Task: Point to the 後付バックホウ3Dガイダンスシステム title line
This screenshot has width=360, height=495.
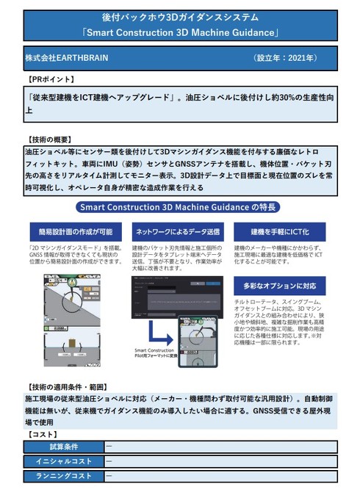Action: (x=180, y=16)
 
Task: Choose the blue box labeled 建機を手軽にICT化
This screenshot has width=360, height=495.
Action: (x=278, y=231)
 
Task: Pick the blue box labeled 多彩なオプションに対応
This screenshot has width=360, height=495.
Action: (x=278, y=285)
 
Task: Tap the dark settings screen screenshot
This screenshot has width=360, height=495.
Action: (x=176, y=297)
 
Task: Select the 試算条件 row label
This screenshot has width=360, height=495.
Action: (x=64, y=447)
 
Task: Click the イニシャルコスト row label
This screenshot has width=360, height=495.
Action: (x=64, y=461)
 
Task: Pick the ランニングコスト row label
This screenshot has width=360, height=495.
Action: (x=64, y=476)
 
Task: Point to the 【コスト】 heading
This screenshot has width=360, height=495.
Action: (x=45, y=435)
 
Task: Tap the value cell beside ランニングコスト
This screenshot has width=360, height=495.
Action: (x=220, y=476)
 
